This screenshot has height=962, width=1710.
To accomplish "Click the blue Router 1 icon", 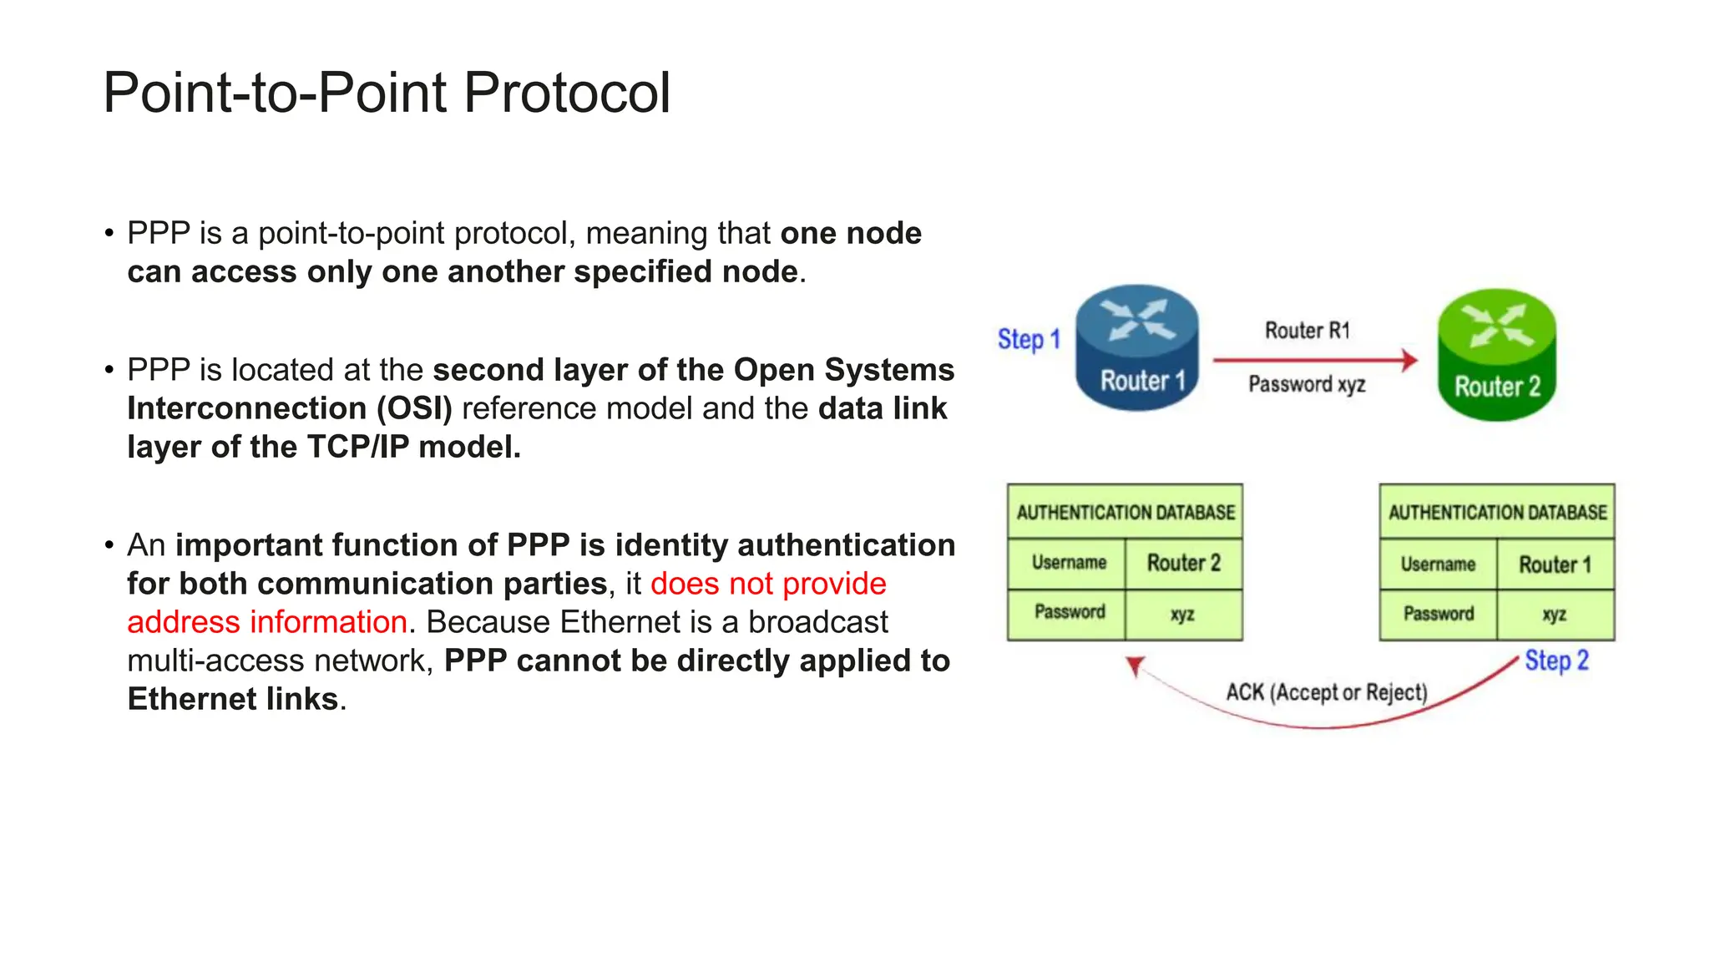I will pos(1136,348).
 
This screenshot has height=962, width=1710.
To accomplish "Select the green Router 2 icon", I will pos(1496,355).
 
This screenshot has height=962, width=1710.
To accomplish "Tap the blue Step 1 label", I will pos(1029,340).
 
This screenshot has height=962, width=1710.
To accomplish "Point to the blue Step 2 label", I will pos(1556,661).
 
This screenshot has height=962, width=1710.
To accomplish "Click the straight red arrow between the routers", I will pos(1315,360).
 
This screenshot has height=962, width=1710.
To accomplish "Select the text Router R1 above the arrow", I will pos(1307,331).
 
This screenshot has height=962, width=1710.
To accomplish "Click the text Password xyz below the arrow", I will pos(1307,384).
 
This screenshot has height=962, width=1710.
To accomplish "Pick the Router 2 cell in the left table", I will pos(1183,564).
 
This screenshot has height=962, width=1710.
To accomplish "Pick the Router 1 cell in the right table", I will pos(1555,565).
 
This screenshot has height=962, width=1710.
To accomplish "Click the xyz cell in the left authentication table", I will pos(1182,615).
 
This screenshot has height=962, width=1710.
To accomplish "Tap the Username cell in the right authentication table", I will pos(1438,565).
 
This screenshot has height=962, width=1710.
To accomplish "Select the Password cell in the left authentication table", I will pos(1069,613).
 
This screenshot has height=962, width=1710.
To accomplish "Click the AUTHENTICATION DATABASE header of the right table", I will pos(1497,512).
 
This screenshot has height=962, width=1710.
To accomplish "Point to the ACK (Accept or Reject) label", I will pos(1326,692).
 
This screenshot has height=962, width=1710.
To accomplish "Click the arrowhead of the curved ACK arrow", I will pos(1135,666).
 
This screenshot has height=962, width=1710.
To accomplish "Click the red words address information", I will pos(267,622).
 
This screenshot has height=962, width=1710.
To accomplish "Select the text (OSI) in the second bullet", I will pos(414,409).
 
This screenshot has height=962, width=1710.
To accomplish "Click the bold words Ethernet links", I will pos(233,700).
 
